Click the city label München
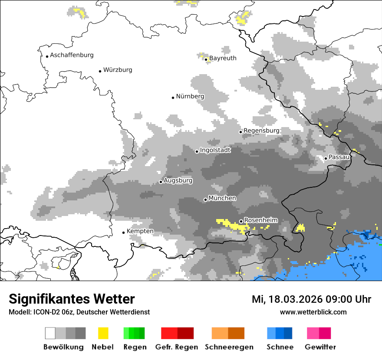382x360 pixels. click(222, 198)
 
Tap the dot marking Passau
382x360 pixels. click(326, 158)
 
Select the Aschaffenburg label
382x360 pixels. click(72, 55)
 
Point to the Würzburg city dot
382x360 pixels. click(100, 71)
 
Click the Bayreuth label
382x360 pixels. click(223, 58)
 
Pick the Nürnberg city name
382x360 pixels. click(190, 96)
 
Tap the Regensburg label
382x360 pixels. click(261, 131)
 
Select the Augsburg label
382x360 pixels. click(178, 180)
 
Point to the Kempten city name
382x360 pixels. click(140, 231)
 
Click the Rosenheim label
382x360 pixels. click(260, 220)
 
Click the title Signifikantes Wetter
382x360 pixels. click(72, 299)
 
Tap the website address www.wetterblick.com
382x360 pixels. click(313, 312)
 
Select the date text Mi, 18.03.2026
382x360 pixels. click(286, 299)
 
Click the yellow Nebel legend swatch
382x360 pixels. click(103, 333)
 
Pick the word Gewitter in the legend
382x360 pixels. click(320, 347)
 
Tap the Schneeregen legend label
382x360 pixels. click(228, 347)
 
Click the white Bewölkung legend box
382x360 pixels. click(50, 333)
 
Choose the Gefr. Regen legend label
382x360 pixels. click(177, 347)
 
